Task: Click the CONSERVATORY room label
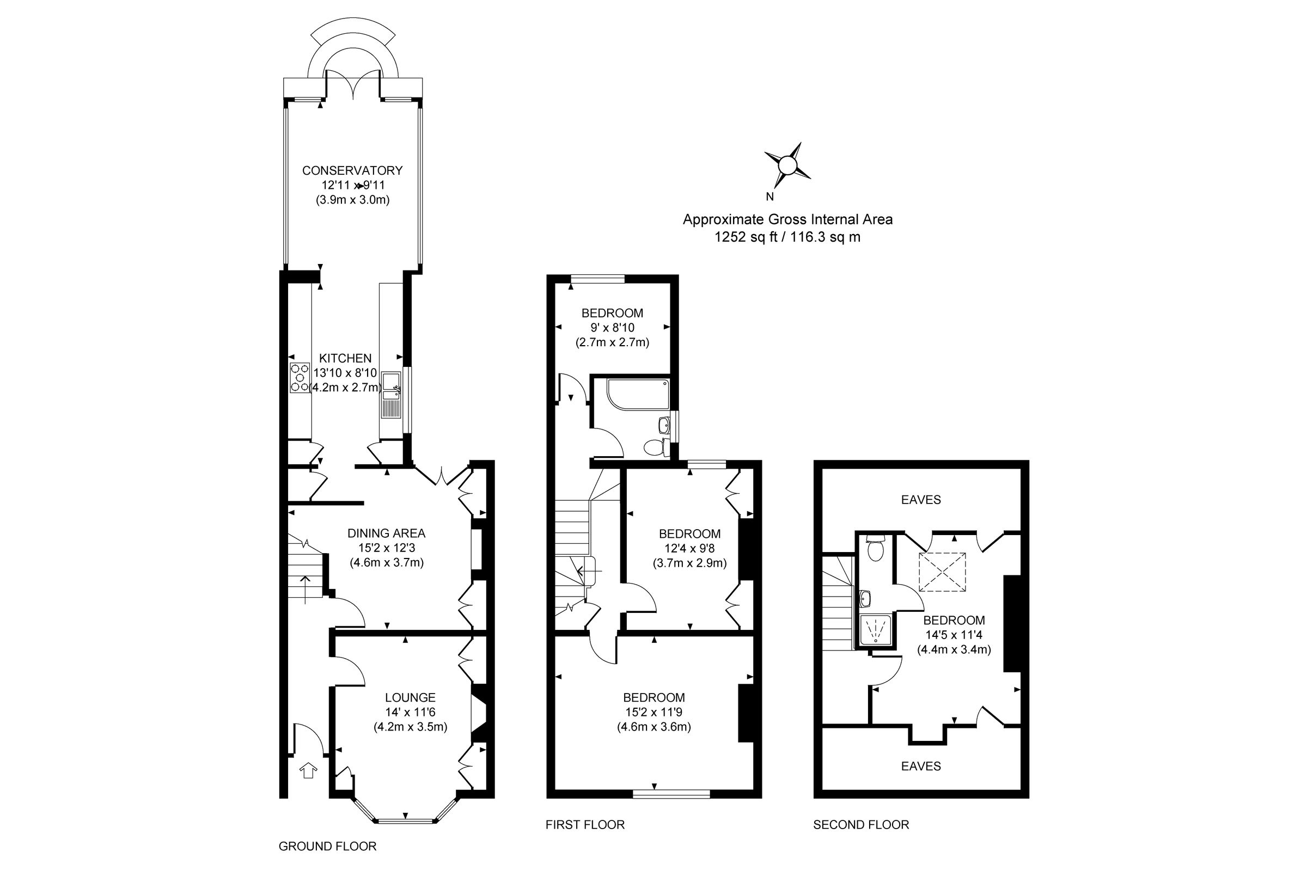(352, 170)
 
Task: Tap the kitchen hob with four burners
(300, 378)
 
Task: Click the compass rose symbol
(787, 165)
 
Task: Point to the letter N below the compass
(769, 197)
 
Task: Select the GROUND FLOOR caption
(327, 846)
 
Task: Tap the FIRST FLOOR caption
(584, 825)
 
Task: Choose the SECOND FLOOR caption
(861, 825)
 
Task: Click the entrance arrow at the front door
(308, 770)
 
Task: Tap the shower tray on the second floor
(875, 630)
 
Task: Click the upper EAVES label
(921, 500)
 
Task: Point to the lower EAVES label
(921, 766)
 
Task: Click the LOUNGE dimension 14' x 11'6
(410, 712)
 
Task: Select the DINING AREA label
(386, 533)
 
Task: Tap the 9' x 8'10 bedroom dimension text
(612, 328)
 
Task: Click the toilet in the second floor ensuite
(876, 550)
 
